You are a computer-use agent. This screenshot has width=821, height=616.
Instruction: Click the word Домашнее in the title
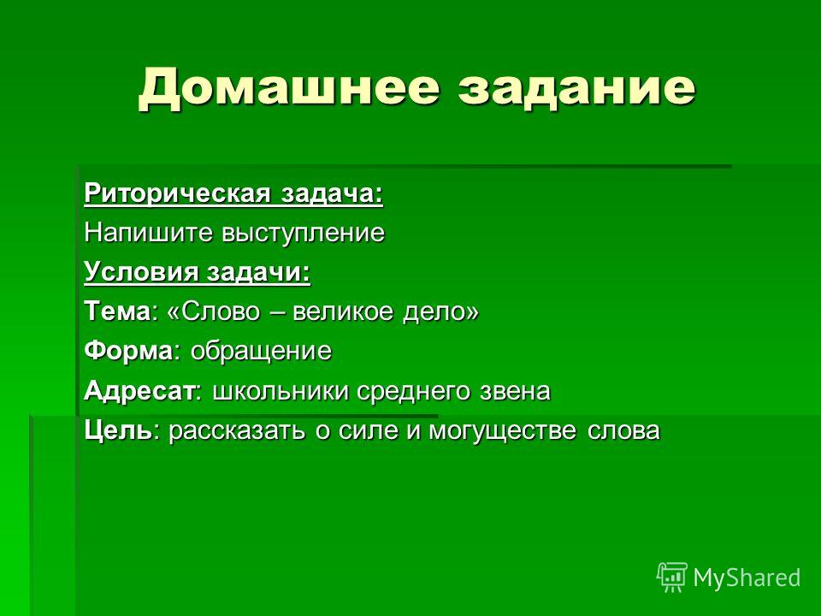click(x=288, y=87)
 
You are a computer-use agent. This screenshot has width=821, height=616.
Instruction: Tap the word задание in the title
click(x=576, y=88)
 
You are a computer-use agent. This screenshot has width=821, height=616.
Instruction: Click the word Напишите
click(x=148, y=233)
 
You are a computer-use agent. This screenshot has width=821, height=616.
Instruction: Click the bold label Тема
click(x=117, y=311)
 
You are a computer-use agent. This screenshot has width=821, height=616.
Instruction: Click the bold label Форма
click(x=127, y=351)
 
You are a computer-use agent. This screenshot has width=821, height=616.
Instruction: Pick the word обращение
click(x=261, y=352)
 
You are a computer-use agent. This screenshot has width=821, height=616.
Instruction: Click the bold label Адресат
click(x=139, y=391)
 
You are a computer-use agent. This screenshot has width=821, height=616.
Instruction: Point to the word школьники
click(x=281, y=391)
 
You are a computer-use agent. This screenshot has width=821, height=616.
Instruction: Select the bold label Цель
click(x=118, y=431)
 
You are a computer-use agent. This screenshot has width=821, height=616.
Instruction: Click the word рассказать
click(x=237, y=431)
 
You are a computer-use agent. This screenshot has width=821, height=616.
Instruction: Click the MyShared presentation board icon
click(x=672, y=577)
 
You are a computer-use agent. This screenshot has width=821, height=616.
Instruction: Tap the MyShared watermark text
click(x=747, y=577)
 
